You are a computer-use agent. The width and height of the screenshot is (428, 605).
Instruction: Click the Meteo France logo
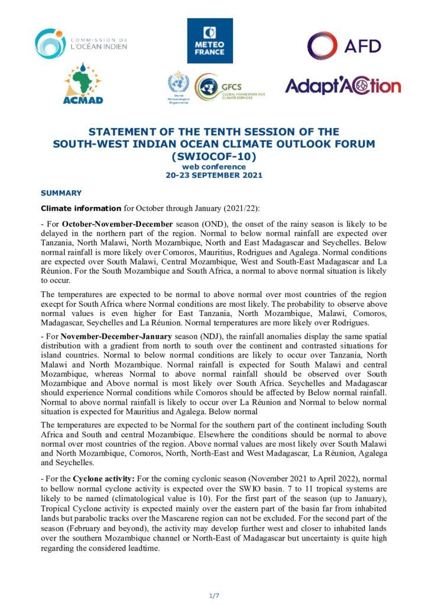click(210, 40)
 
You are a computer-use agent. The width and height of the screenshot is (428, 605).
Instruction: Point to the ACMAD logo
click(83, 84)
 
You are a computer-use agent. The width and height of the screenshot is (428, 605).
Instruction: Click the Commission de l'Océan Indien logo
click(81, 43)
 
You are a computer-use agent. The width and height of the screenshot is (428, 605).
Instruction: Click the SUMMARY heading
click(61, 193)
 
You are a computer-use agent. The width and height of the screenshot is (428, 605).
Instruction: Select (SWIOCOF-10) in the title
click(213, 157)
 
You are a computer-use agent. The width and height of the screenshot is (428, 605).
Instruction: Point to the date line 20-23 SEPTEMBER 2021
click(213, 175)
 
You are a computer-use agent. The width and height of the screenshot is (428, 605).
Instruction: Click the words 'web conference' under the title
click(213, 167)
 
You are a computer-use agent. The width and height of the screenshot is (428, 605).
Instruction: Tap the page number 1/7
click(213, 595)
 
